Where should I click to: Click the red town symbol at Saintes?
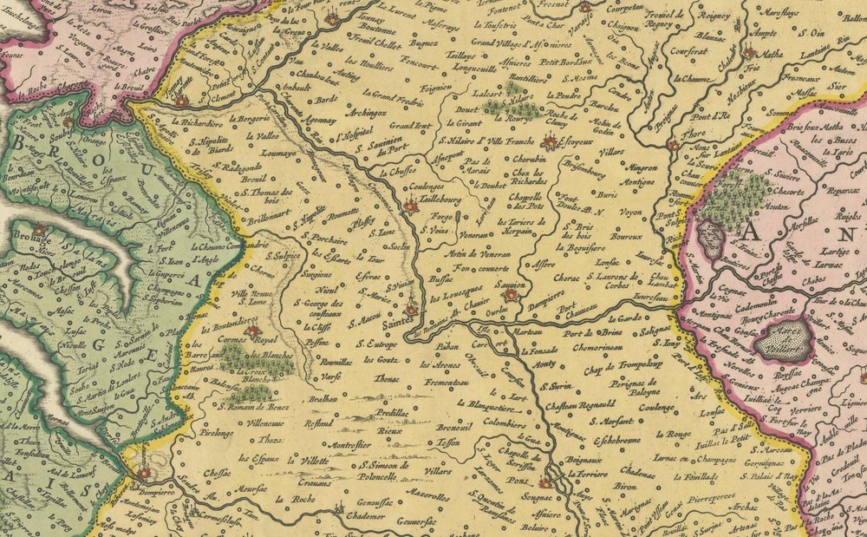click(411, 310)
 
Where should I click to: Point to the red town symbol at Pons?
click(545, 482)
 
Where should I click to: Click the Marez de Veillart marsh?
click(783, 337)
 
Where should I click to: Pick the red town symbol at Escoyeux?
click(549, 142)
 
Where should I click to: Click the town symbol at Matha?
click(749, 53)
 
